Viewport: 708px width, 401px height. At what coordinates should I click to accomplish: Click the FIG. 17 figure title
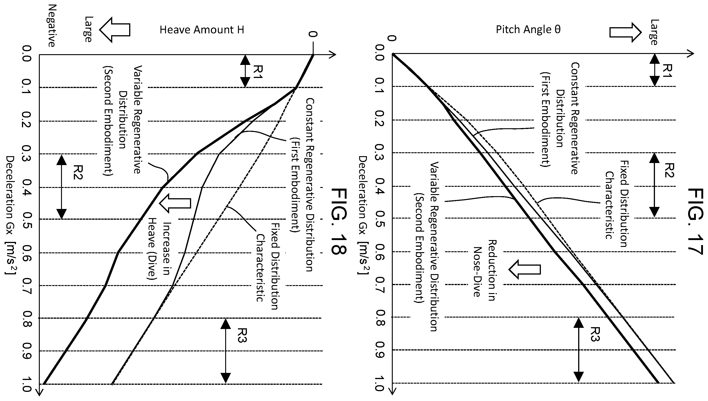pyautogui.click(x=696, y=223)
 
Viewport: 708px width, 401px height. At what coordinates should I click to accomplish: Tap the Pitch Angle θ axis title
pyautogui.click(x=528, y=29)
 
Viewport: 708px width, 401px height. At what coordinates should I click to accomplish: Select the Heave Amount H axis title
pyautogui.click(x=202, y=30)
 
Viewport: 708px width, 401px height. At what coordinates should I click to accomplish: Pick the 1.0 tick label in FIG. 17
pyautogui.click(x=379, y=384)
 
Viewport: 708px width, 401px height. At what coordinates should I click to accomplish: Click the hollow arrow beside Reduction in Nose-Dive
pyautogui.click(x=524, y=269)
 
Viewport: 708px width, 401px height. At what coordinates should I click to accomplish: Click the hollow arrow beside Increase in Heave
pyautogui.click(x=175, y=203)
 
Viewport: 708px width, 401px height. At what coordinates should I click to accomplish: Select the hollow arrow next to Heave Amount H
pyautogui.click(x=114, y=30)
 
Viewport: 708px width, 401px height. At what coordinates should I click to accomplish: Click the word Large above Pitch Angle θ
pyautogui.click(x=654, y=32)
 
